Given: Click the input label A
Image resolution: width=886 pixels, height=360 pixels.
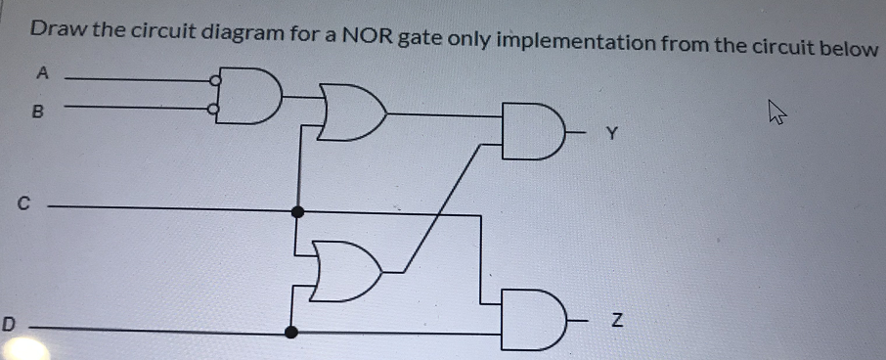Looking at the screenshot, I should point(41,71).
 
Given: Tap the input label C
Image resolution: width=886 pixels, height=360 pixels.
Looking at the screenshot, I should point(24,204).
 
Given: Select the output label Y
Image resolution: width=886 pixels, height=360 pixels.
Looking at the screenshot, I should point(613,135).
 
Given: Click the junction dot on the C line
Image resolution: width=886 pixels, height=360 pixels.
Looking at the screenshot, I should point(298,210).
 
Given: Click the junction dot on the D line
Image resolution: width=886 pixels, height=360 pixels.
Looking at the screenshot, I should point(290,332).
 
